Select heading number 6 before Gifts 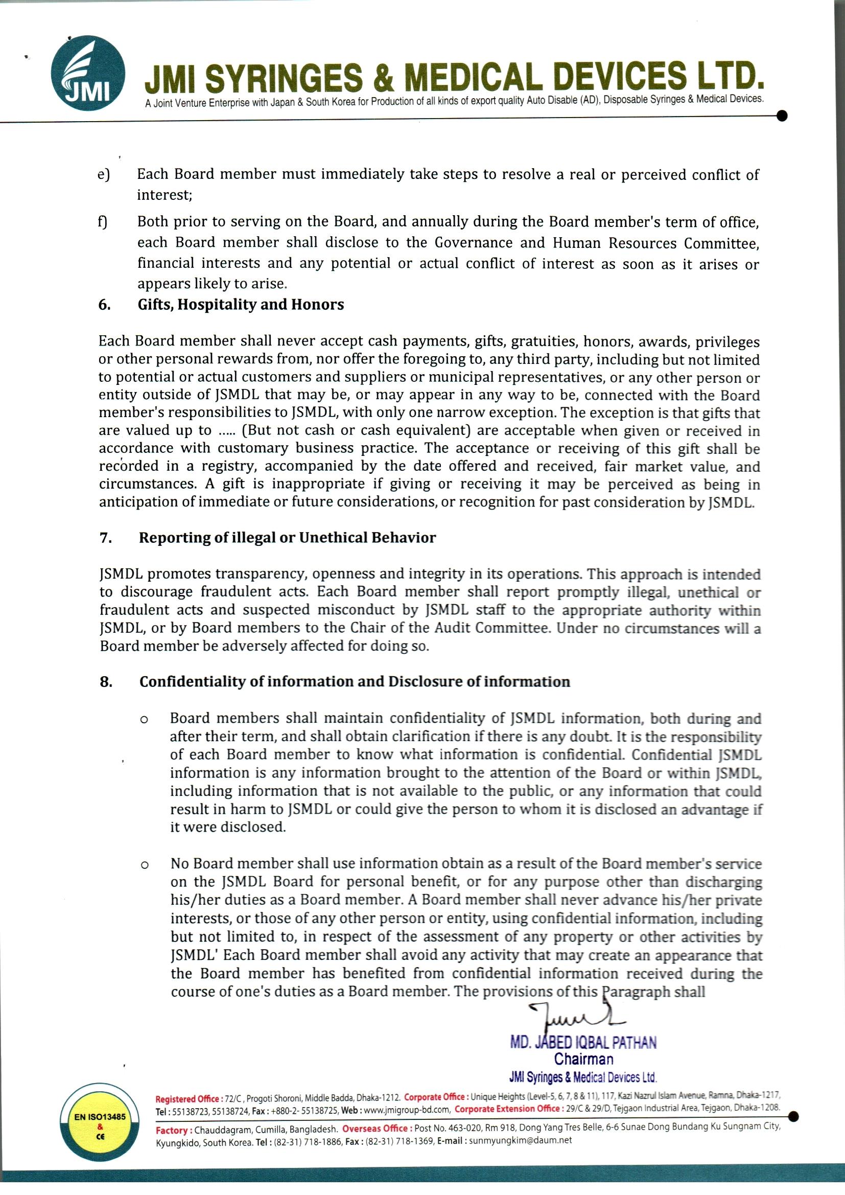point(104,305)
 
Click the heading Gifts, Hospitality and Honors point(241,305)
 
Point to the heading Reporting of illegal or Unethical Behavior point(287,538)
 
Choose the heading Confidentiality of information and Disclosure point(355,682)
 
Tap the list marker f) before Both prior point(103,222)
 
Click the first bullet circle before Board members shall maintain point(145,720)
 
